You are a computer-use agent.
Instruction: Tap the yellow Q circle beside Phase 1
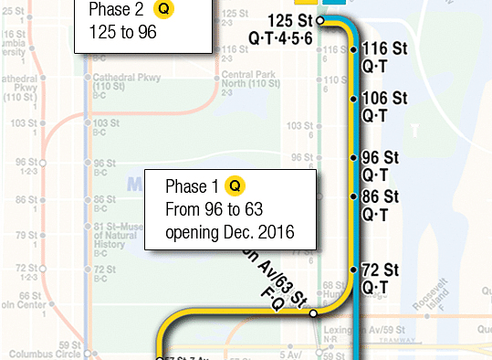[x=235, y=186]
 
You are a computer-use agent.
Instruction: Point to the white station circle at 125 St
[x=320, y=20]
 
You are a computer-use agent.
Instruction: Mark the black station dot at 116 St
[x=354, y=51]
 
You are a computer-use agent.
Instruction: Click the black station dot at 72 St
[x=354, y=271]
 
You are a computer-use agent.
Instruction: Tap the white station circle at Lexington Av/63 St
[x=313, y=313]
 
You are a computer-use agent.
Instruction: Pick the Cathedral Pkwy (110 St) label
[x=107, y=84]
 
